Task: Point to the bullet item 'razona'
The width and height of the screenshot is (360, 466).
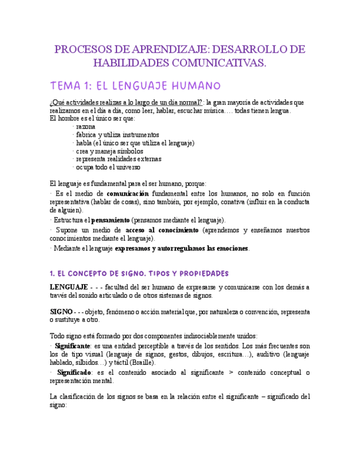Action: point(86,126)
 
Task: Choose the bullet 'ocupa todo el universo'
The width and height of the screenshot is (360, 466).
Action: point(108,167)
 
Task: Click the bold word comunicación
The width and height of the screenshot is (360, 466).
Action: point(128,193)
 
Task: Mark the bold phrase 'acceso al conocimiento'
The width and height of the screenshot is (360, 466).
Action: point(162,230)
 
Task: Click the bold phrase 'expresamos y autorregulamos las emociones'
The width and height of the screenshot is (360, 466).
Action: point(181,248)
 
